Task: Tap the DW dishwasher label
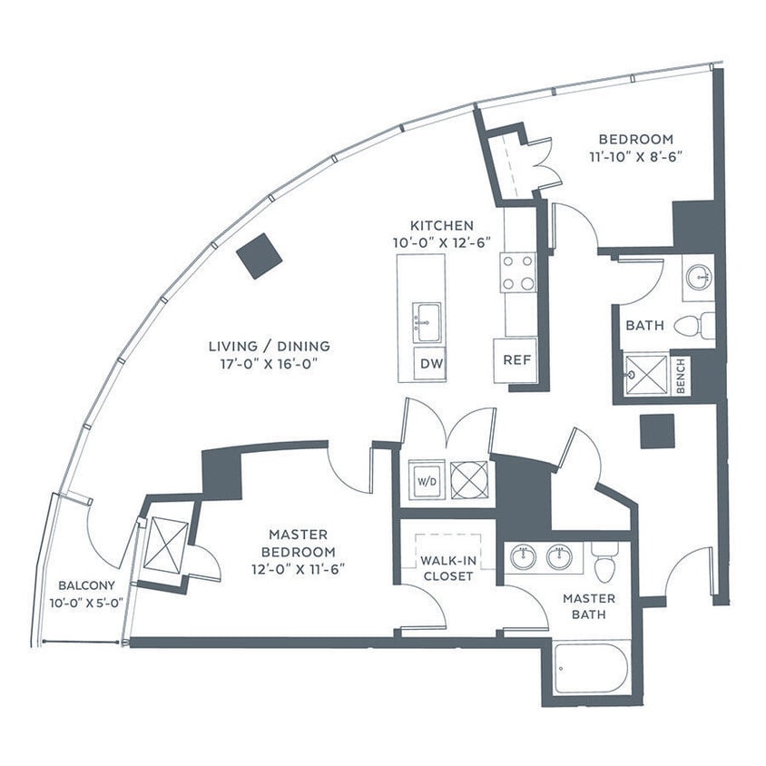pyautogui.click(x=432, y=364)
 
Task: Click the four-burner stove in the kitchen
pyautogui.click(x=518, y=272)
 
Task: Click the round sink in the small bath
pyautogui.click(x=699, y=278)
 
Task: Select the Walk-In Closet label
pyautogui.click(x=447, y=567)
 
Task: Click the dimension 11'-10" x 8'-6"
pyautogui.click(x=635, y=155)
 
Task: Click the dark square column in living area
pyautogui.click(x=259, y=256)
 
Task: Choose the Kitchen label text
pyautogui.click(x=442, y=225)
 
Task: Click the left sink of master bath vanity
pyautogui.click(x=524, y=557)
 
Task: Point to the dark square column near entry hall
pyautogui.click(x=656, y=431)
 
